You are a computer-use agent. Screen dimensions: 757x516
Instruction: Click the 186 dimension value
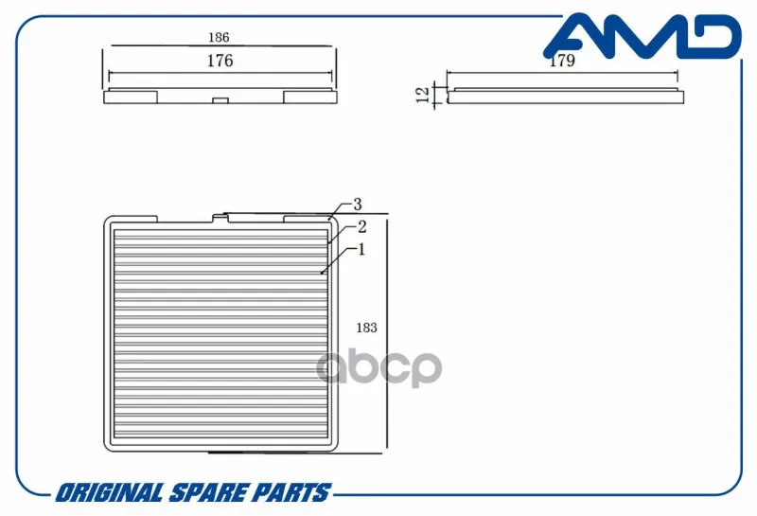[219, 37]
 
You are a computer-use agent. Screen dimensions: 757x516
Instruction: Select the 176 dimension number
[220, 61]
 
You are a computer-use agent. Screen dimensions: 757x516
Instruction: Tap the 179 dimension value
[562, 61]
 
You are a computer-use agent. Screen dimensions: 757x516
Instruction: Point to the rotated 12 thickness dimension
[422, 95]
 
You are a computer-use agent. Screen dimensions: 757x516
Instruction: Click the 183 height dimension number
[366, 328]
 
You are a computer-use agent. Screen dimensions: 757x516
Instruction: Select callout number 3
[358, 205]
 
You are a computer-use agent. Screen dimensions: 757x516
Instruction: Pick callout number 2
[362, 226]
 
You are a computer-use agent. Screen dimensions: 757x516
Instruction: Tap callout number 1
[361, 249]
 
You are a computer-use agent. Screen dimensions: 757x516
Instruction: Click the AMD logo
[643, 35]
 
